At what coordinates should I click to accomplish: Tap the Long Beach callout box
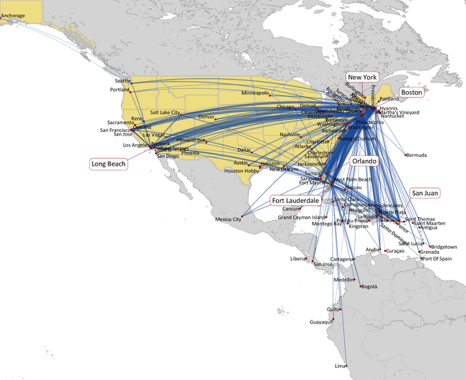pyautogui.click(x=108, y=164)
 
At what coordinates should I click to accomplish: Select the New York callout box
pyautogui.click(x=362, y=77)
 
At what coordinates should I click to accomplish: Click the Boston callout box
pyautogui.click(x=412, y=92)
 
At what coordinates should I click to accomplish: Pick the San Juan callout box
pyautogui.click(x=424, y=193)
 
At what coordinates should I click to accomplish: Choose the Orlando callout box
pyautogui.click(x=358, y=162)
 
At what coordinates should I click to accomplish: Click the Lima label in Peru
pyautogui.click(x=340, y=366)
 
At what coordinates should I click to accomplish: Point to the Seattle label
pyautogui.click(x=123, y=81)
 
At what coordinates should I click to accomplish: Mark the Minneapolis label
pyautogui.click(x=255, y=93)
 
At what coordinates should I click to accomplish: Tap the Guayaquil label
pyautogui.click(x=321, y=322)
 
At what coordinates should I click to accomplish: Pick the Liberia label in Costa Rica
pyautogui.click(x=298, y=258)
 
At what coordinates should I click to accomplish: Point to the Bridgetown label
pyautogui.click(x=444, y=247)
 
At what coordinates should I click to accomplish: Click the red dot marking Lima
pyautogui.click(x=347, y=366)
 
